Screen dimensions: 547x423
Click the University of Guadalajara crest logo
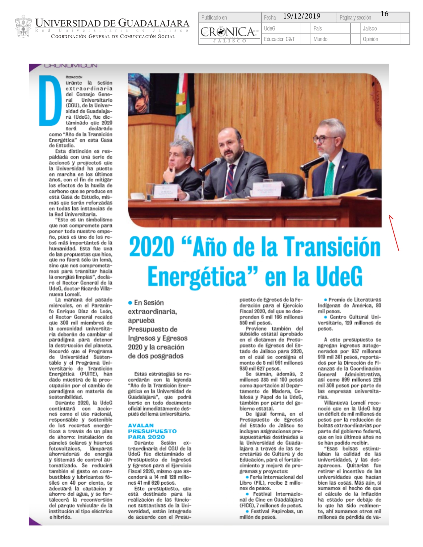(x=23, y=27)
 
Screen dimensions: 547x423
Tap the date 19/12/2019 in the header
(x=302, y=16)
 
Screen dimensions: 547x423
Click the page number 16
(x=385, y=14)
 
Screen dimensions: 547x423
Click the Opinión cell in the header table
(x=370, y=39)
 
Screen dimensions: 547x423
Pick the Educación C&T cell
(x=279, y=39)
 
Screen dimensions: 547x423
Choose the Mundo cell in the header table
(x=320, y=39)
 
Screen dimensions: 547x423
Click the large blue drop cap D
(x=50, y=100)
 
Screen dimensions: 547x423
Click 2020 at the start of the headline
(x=152, y=247)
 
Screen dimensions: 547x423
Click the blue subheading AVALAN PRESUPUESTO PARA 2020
(x=152, y=431)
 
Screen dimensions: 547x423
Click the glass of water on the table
(x=151, y=191)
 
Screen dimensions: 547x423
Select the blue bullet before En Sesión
(x=130, y=303)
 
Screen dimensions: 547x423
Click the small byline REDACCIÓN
(x=74, y=77)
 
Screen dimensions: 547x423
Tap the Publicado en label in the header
(x=214, y=18)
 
